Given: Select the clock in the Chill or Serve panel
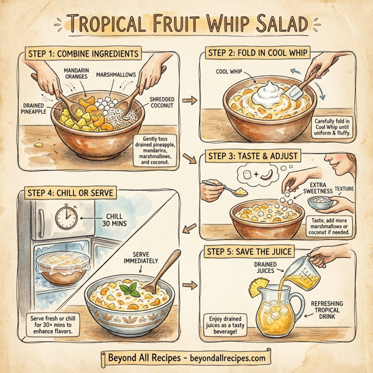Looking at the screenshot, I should click(x=66, y=218).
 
